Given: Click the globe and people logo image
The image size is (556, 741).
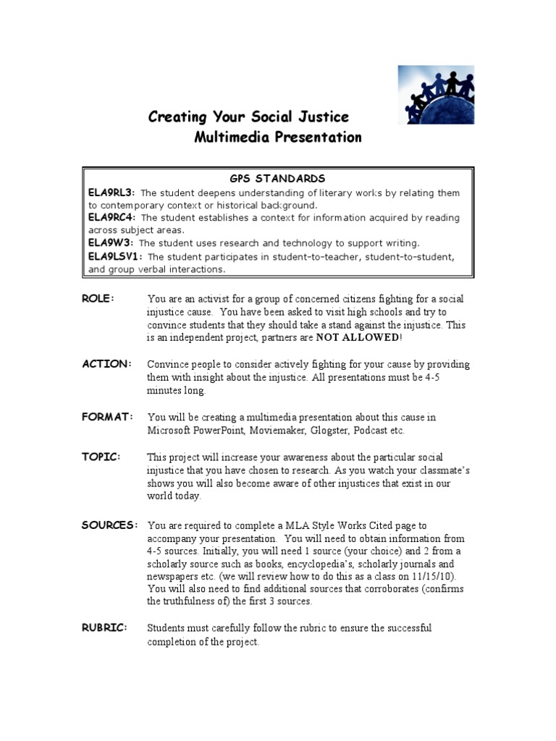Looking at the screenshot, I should tap(436, 95).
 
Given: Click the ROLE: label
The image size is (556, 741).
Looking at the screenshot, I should tap(98, 299).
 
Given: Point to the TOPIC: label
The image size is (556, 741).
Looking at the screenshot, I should tap(101, 458).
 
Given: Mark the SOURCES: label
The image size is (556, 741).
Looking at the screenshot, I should tap(109, 525).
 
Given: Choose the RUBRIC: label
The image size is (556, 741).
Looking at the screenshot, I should tap(105, 628).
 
